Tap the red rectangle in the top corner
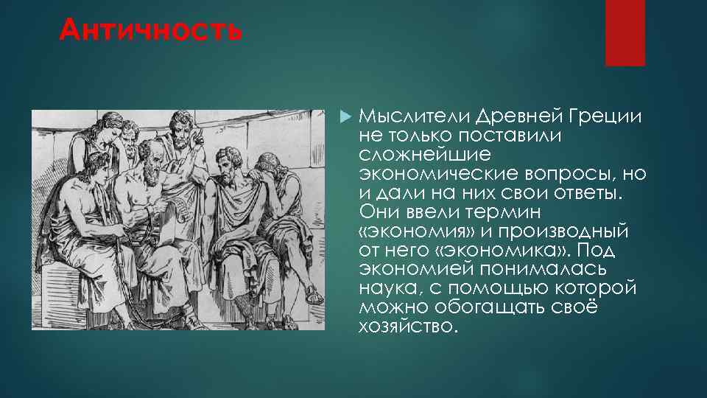point(625,32)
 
